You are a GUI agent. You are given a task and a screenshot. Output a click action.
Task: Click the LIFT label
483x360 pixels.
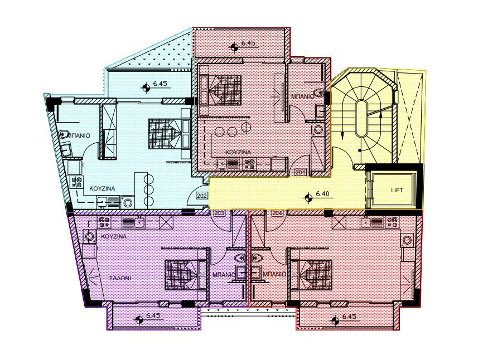[x=397, y=190]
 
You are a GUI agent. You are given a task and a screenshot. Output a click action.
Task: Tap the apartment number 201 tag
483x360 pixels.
[x=301, y=173]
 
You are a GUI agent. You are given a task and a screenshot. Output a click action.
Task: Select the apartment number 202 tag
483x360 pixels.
[x=201, y=196]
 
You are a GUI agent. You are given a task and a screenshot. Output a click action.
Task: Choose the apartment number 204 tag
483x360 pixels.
[x=276, y=213]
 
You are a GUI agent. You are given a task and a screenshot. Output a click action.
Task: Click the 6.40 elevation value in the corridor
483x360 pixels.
[x=322, y=194]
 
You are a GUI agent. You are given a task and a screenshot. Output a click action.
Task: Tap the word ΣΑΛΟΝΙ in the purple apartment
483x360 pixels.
[x=120, y=278]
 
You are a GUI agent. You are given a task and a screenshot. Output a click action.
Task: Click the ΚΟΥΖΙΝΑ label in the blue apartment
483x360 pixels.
[x=102, y=188]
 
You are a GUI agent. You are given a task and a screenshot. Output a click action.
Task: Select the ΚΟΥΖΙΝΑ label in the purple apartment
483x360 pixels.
[x=114, y=237]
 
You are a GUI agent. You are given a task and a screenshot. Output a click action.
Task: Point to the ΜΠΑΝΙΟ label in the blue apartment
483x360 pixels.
[x=79, y=135]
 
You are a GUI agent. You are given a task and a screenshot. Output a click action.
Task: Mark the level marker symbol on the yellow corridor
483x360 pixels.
[x=308, y=198]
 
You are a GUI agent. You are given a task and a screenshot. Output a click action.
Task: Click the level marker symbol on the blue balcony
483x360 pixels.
[x=146, y=87]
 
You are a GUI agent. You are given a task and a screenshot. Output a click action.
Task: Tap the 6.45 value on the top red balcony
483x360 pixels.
[x=248, y=43]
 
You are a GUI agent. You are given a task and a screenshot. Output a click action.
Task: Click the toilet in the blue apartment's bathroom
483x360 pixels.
[x=64, y=134]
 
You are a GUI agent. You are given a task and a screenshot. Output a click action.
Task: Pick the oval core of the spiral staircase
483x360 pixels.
[x=361, y=119]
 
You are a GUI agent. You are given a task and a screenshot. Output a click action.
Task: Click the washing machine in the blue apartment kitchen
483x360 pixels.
[x=128, y=202]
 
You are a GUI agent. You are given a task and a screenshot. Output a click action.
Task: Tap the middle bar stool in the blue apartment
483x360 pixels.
[x=148, y=189]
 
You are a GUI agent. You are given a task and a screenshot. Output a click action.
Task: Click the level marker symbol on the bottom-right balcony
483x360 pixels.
[x=335, y=320]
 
